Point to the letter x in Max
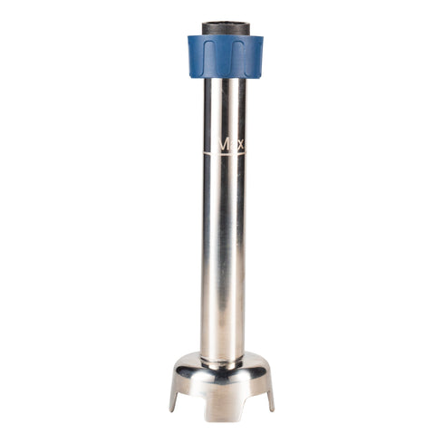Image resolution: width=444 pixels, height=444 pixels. click(x=240, y=144)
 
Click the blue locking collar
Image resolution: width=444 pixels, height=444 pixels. click(x=225, y=57)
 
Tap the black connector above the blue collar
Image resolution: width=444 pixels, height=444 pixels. click(x=225, y=29)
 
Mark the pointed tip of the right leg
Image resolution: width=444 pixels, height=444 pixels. click(x=272, y=409)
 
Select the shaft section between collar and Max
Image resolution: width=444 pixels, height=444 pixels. click(x=223, y=104)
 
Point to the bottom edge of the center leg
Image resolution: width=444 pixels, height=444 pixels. click(x=222, y=419)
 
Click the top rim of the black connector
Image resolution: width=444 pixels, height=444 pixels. click(x=225, y=23)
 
